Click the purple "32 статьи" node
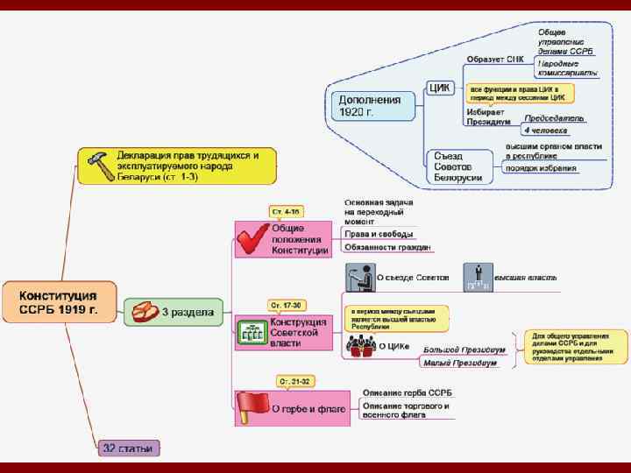pyautogui.click(x=128, y=448)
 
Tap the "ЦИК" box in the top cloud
pyautogui.click(x=440, y=88)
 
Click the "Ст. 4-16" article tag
pyautogui.click(x=284, y=212)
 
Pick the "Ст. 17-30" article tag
pyautogui.click(x=287, y=306)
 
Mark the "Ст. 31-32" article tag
pyautogui.click(x=294, y=382)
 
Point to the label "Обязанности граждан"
pyautogui.click(x=387, y=248)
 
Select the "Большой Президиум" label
pyautogui.click(x=464, y=349)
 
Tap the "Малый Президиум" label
pyautogui.click(x=459, y=363)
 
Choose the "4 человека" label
pyautogui.click(x=545, y=131)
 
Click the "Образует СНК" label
pyautogui.click(x=495, y=60)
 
